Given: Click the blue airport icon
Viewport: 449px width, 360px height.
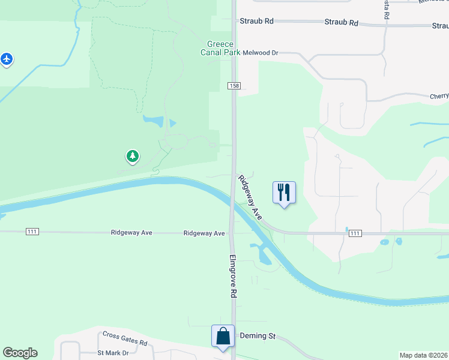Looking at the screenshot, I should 7,59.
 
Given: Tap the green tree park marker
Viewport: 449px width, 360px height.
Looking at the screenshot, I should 132,157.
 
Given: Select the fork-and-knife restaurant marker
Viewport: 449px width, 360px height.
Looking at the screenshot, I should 285,193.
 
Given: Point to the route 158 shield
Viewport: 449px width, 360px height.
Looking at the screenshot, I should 234,86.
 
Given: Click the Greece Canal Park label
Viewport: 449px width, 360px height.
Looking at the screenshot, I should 220,48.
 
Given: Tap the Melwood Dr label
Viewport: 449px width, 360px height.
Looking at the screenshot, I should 261,53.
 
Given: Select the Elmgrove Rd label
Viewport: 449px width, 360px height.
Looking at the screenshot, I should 233,277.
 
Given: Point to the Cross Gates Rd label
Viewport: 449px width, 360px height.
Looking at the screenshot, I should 125,338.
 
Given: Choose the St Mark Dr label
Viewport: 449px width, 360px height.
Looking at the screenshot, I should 113,353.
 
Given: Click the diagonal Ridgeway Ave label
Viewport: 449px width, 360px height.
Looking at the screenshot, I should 250,197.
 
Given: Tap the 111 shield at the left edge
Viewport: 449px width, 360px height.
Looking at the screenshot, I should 32,232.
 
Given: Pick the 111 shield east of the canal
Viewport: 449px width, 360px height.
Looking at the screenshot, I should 355,233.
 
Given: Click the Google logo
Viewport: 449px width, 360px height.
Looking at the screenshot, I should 20,353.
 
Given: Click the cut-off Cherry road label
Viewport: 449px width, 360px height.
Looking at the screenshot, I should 439,96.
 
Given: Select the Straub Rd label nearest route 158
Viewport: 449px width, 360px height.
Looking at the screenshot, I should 256,21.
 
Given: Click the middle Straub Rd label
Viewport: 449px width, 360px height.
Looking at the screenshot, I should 341,23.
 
